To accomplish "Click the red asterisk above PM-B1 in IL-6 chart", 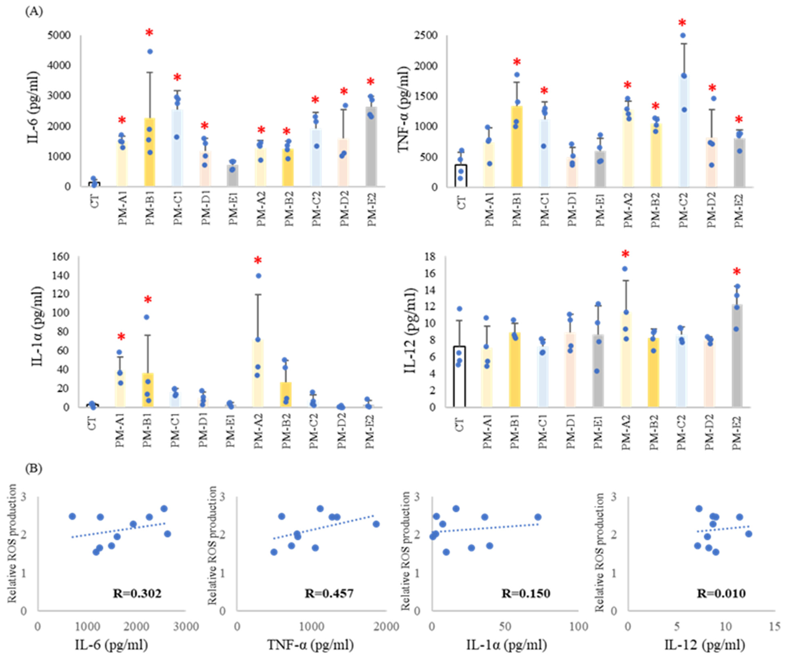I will [149, 33].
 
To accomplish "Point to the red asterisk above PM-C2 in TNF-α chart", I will [682, 23].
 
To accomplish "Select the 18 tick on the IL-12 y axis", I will [429, 257].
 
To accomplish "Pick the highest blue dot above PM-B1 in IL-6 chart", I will [150, 51].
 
